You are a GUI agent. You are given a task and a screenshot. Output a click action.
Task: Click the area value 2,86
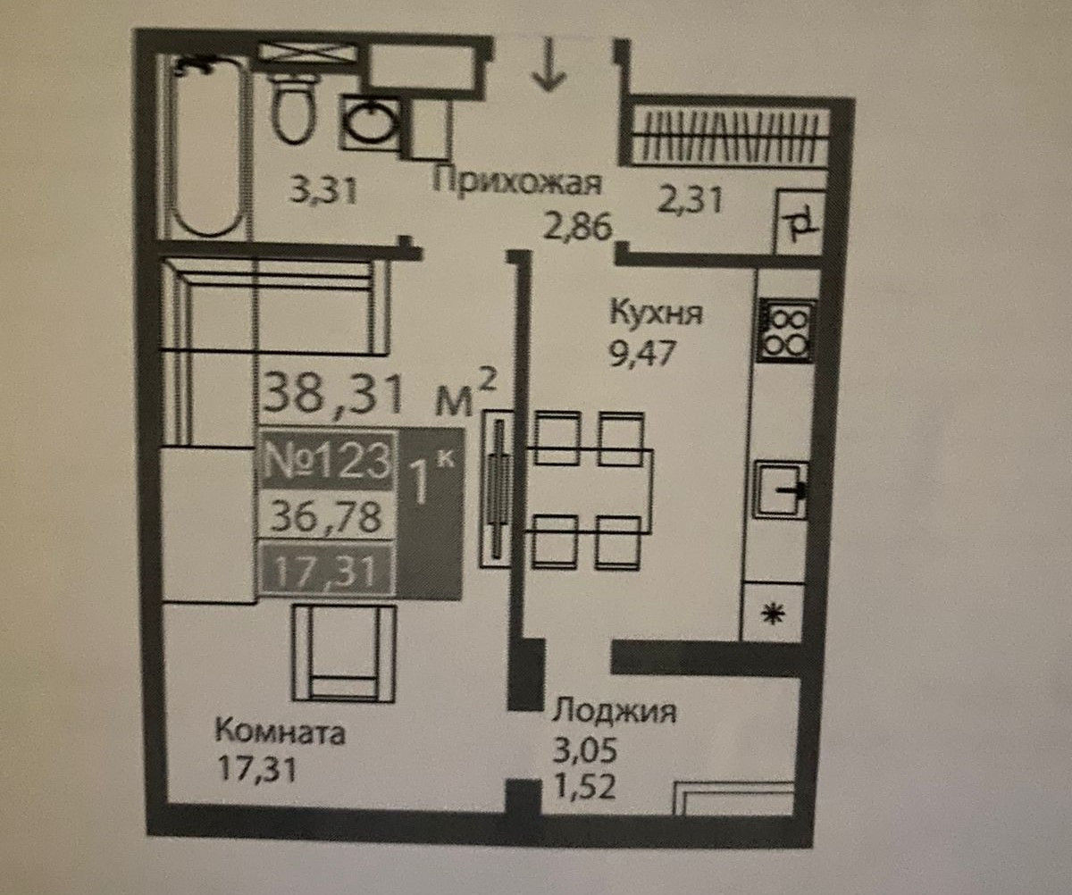point(580,229)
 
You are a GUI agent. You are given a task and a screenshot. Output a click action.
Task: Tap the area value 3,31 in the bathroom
point(323,189)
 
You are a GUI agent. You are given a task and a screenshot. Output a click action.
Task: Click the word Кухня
point(657,314)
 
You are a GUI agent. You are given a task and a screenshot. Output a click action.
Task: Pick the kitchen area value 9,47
point(640,347)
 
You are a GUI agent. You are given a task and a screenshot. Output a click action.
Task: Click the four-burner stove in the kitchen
point(786,330)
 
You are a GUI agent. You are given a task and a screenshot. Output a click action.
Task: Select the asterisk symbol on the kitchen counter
point(771,614)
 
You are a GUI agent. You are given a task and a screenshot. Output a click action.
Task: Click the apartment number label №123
point(328,461)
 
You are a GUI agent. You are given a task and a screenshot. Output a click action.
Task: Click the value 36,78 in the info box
point(327,516)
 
